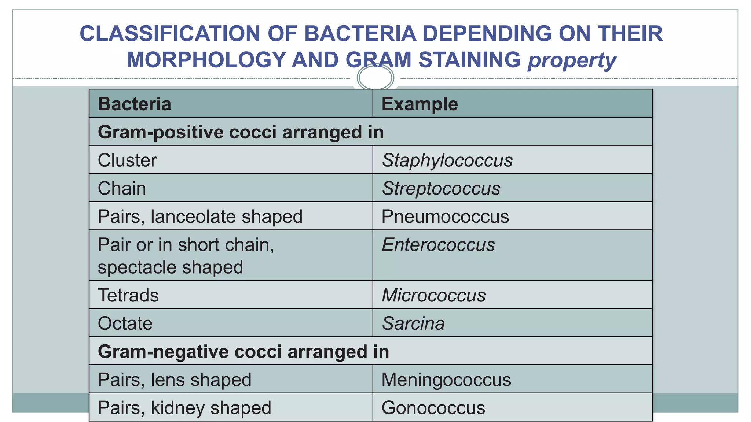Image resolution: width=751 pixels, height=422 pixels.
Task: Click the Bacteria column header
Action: click(x=135, y=104)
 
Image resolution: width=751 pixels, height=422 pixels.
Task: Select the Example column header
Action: click(x=420, y=104)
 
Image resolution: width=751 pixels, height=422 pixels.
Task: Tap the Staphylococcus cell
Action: click(x=447, y=160)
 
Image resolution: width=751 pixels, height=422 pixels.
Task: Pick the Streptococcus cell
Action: click(x=441, y=189)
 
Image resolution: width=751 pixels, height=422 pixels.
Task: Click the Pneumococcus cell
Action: click(x=445, y=216)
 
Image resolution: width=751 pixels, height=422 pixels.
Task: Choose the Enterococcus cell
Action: click(x=438, y=245)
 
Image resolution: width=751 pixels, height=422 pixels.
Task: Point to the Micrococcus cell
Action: click(x=433, y=295)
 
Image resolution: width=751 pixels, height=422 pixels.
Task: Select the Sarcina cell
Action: click(x=413, y=323)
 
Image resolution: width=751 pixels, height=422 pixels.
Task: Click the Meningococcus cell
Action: click(x=446, y=380)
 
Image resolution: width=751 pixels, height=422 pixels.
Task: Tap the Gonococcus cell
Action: click(x=433, y=408)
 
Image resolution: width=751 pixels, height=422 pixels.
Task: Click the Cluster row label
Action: click(x=127, y=160)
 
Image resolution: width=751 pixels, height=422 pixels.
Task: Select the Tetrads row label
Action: click(x=128, y=295)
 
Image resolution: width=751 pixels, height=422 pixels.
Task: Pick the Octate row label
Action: click(x=125, y=323)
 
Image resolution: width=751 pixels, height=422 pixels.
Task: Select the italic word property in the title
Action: click(x=572, y=60)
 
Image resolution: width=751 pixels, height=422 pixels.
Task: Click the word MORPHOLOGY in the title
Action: click(x=206, y=60)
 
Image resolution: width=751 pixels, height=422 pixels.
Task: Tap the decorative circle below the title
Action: click(x=375, y=78)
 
